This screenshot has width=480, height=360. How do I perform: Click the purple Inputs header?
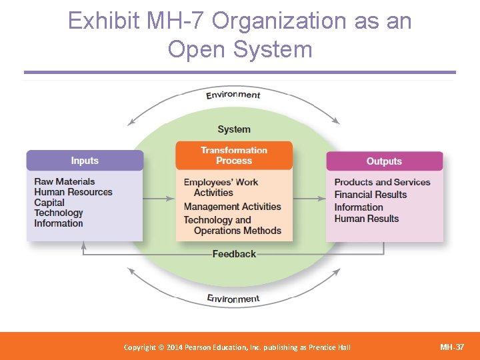(85, 161)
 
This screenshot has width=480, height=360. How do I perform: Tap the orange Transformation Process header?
(234, 155)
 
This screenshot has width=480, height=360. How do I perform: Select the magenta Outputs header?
(384, 161)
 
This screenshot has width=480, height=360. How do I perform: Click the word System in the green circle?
(234, 129)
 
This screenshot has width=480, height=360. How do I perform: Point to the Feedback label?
(234, 254)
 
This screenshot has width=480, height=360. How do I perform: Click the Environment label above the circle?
(233, 95)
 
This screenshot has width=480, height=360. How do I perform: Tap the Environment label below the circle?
(233, 298)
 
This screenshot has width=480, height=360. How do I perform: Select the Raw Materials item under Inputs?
(65, 181)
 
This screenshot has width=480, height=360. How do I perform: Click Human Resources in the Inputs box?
(73, 192)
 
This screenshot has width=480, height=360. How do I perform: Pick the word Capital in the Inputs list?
(49, 203)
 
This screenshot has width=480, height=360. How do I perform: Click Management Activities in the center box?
(233, 207)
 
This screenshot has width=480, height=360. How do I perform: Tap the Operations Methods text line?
(237, 231)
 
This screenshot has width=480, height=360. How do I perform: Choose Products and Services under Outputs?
(382, 182)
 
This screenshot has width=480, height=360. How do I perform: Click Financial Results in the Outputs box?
(370, 195)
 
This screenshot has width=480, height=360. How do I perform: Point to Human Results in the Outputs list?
(366, 219)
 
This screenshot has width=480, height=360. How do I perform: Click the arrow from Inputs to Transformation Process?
(159, 199)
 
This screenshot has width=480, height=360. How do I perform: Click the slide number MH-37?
(451, 347)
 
